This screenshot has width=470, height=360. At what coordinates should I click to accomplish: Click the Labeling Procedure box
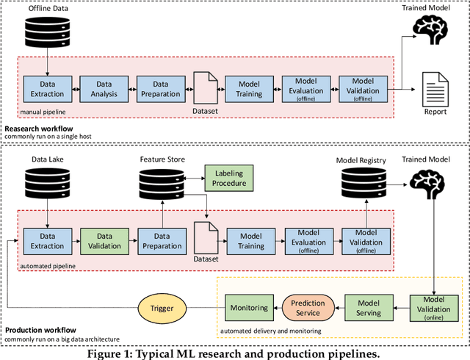[228, 177]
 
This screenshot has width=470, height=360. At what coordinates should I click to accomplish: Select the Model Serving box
[369, 308]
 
